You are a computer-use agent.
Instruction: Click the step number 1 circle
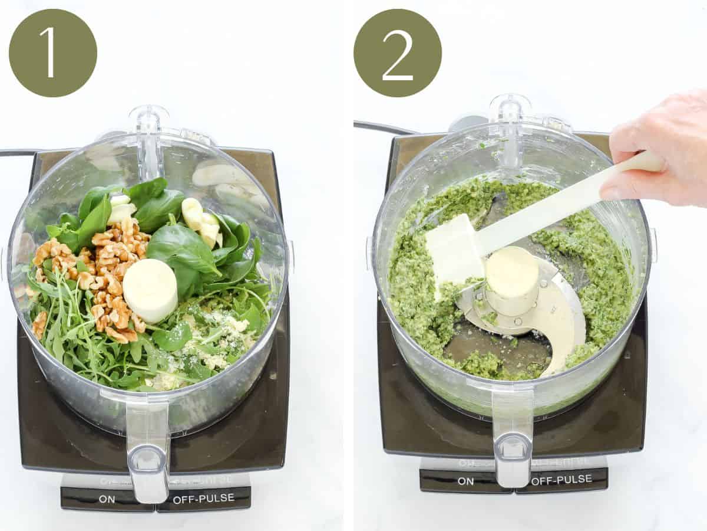tap(52, 53)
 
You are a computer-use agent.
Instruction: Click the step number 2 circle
tap(397, 53)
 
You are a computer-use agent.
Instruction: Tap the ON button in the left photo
tap(107, 499)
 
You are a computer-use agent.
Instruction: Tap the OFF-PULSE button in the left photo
tap(203, 499)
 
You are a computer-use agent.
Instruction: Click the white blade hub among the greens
tap(150, 290)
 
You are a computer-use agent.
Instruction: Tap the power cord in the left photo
tap(15, 153)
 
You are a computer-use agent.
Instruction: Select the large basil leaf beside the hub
tap(183, 251)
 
